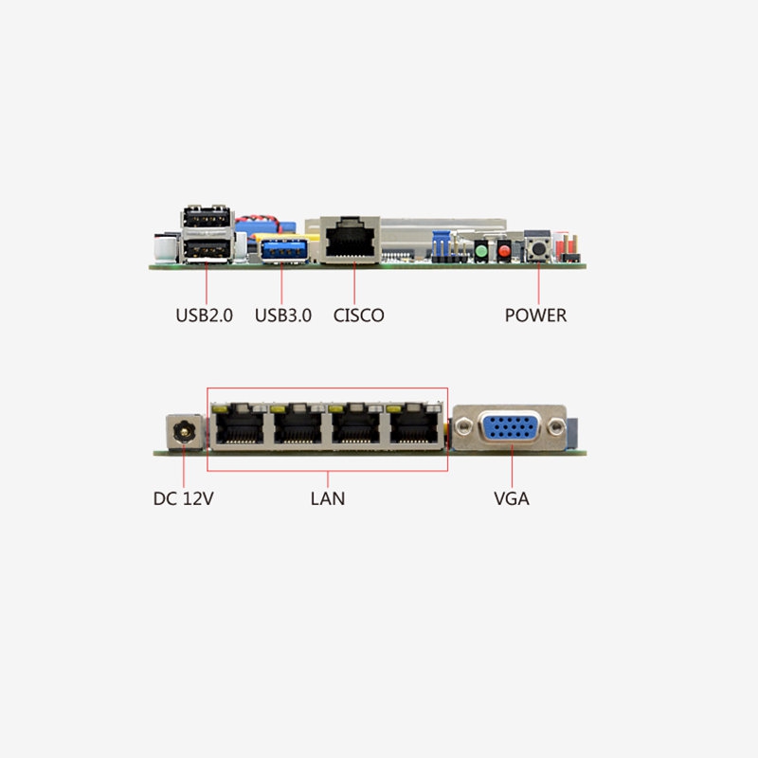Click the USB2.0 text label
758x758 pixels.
click(x=204, y=316)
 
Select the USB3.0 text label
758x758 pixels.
click(x=283, y=316)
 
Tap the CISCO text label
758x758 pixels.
click(x=359, y=316)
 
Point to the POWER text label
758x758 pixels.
click(x=535, y=316)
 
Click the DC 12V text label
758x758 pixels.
click(x=183, y=498)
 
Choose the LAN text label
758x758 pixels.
click(x=328, y=498)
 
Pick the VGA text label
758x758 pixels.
click(x=512, y=498)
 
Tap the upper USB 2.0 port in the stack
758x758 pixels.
click(x=207, y=217)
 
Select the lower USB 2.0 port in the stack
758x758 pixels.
click(x=207, y=249)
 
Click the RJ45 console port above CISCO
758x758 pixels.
click(x=350, y=241)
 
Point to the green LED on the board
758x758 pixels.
click(x=481, y=251)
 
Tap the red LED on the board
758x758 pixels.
click(x=504, y=251)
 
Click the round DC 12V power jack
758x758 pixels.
click(x=184, y=431)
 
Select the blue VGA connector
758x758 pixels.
click(x=511, y=427)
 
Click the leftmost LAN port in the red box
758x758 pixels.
click(x=240, y=425)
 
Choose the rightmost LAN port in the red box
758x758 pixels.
click(x=415, y=425)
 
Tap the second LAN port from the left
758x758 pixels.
click(x=298, y=425)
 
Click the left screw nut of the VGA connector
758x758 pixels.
click(x=463, y=426)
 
